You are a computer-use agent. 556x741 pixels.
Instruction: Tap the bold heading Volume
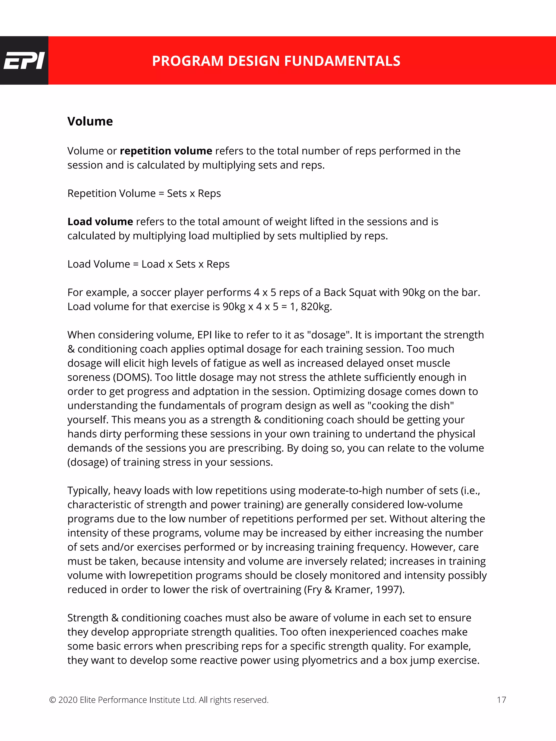[90, 121]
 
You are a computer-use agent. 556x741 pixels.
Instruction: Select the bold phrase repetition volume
[166, 151]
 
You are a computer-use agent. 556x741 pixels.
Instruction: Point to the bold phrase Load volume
[100, 222]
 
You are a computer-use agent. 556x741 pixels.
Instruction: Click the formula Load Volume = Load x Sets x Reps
[148, 264]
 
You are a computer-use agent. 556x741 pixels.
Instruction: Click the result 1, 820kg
[311, 307]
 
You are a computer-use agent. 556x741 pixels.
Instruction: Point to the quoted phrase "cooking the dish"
[410, 406]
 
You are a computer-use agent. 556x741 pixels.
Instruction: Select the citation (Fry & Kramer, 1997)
[354, 590]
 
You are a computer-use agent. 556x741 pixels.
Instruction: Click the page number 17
[501, 700]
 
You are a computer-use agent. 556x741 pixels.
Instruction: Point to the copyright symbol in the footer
[52, 700]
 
